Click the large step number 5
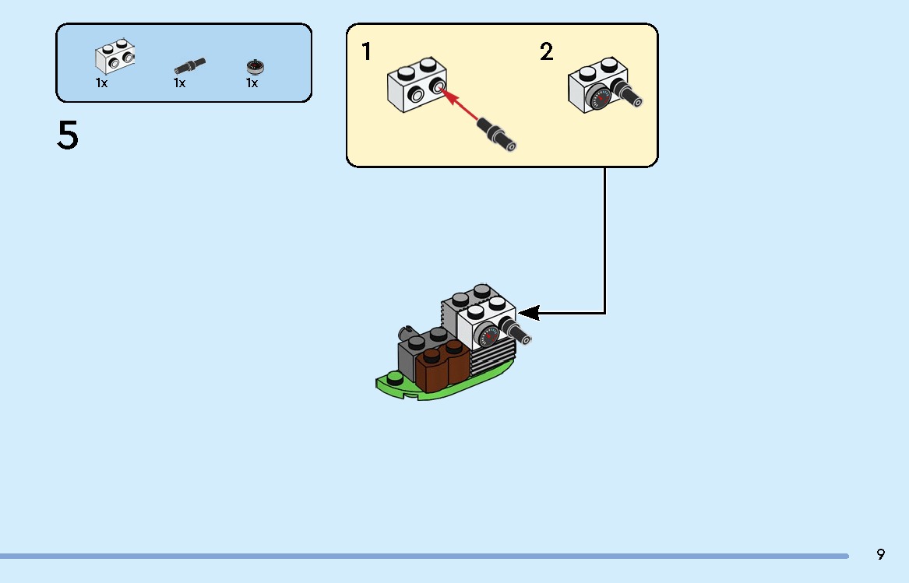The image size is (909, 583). [x=68, y=135]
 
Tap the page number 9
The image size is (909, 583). [x=881, y=555]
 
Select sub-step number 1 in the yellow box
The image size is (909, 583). [x=366, y=51]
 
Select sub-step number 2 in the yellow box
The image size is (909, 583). [x=546, y=51]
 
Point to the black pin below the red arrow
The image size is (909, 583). [x=497, y=134]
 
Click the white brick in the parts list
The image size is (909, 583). [x=115, y=56]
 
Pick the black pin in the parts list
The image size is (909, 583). [x=189, y=66]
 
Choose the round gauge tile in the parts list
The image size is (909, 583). [x=255, y=67]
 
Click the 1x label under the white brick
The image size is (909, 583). [x=101, y=83]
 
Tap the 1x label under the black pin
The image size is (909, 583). [x=179, y=83]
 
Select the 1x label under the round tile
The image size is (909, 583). [x=252, y=83]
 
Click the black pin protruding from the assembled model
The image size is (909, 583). [x=515, y=330]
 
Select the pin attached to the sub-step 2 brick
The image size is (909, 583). [x=626, y=93]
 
